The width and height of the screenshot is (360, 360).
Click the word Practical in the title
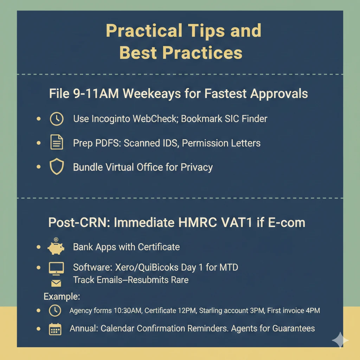[144, 31]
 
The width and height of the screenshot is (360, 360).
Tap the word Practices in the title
[202, 53]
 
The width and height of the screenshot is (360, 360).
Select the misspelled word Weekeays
[152, 94]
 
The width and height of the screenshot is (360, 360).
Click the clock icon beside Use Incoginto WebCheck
[57, 119]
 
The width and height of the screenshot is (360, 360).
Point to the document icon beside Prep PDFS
[57, 142]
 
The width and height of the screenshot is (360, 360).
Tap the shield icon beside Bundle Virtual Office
[57, 166]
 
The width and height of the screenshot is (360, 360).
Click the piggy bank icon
[56, 246]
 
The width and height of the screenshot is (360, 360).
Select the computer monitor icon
[56, 268]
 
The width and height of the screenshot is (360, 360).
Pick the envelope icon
[56, 283]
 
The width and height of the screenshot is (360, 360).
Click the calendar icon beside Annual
[55, 329]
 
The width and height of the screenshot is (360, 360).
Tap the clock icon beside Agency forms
[55, 311]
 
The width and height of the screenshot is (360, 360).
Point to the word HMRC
[198, 222]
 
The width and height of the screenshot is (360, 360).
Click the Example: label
[62, 296]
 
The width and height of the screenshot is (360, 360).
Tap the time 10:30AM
[128, 311]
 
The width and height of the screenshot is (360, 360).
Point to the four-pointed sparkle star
[340, 340]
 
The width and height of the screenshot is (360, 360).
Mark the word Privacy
[197, 167]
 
